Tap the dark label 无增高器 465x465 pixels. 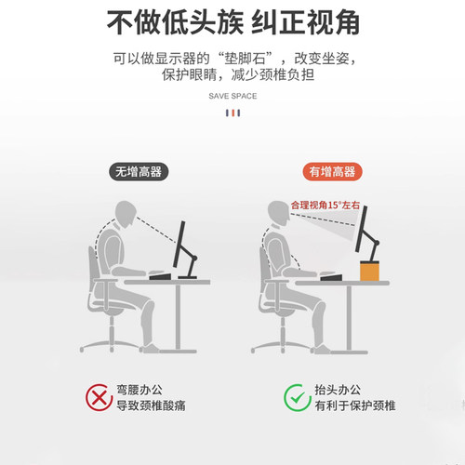tap(139, 171)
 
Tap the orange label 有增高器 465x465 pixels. tap(334, 171)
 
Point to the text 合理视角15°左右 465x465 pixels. tap(325, 204)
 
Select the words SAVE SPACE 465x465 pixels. tap(232, 96)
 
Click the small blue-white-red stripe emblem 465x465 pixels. tap(232, 114)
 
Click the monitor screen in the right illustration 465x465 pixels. tap(363, 229)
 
